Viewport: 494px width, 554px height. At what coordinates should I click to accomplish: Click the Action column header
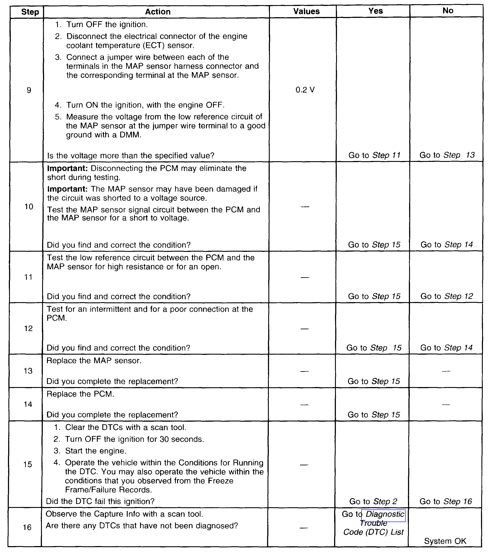pyautogui.click(x=158, y=12)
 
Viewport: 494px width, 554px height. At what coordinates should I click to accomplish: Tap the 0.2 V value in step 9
pyautogui.click(x=305, y=90)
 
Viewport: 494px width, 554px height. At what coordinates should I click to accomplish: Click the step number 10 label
pyautogui.click(x=29, y=207)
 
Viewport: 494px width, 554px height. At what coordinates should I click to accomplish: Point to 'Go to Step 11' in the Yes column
pyautogui.click(x=374, y=155)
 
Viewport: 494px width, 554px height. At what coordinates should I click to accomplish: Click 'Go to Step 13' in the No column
pyautogui.click(x=447, y=155)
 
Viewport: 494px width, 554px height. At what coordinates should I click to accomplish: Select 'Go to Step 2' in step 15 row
pyautogui.click(x=373, y=501)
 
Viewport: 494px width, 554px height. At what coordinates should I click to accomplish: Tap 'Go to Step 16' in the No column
pyautogui.click(x=446, y=501)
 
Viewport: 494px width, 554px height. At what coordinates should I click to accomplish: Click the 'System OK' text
pyautogui.click(x=445, y=541)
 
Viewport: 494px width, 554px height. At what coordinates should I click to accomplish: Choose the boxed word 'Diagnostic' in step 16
pyautogui.click(x=385, y=514)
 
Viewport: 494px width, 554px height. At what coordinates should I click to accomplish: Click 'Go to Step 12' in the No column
pyautogui.click(x=447, y=296)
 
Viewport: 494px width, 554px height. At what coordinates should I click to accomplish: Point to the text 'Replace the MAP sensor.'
pyautogui.click(x=94, y=361)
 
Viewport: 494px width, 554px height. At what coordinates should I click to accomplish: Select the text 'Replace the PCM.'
pyautogui.click(x=80, y=394)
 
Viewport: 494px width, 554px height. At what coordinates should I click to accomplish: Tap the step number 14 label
pyautogui.click(x=28, y=404)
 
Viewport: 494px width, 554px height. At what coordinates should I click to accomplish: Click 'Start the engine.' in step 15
pyautogui.click(x=95, y=451)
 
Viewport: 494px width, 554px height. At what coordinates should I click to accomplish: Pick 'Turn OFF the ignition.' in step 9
pyautogui.click(x=107, y=24)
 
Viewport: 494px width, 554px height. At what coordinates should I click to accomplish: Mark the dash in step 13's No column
pyautogui.click(x=446, y=371)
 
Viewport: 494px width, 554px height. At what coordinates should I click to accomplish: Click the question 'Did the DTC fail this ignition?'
pyautogui.click(x=100, y=501)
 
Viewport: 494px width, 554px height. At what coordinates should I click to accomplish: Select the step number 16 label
pyautogui.click(x=27, y=527)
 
